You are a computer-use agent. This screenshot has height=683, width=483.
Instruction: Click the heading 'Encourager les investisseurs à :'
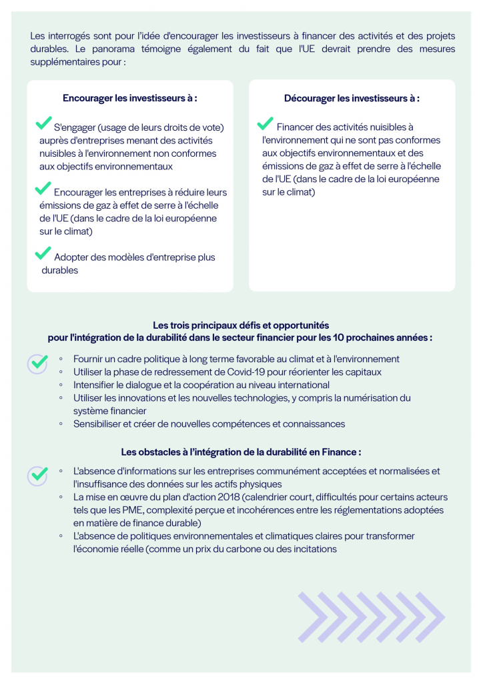coord(130,98)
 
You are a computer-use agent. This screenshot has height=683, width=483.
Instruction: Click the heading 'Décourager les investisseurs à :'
coord(352,98)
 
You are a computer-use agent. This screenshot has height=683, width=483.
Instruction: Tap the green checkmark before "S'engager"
coord(43,123)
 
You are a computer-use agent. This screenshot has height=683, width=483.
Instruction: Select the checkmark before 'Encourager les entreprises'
coord(43,189)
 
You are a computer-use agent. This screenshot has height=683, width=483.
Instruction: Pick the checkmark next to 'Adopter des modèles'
coord(43,253)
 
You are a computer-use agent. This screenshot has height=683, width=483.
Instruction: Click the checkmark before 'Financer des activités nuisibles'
coord(265,123)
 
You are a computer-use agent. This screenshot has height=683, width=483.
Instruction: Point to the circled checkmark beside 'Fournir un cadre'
coord(38,363)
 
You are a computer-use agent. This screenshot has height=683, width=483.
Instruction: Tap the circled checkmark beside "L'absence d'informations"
coord(38,475)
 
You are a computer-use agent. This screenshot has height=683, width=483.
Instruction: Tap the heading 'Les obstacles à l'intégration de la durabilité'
coord(241,452)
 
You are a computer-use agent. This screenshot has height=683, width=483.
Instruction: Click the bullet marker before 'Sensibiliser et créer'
coord(61,424)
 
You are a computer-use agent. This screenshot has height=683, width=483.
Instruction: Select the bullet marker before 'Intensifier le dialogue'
coord(61,385)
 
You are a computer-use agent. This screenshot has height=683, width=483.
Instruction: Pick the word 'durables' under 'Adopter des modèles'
coord(60,270)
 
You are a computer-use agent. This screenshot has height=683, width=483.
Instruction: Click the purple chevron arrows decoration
coord(370,617)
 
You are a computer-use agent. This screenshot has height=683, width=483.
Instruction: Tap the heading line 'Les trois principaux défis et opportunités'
coord(241,325)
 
